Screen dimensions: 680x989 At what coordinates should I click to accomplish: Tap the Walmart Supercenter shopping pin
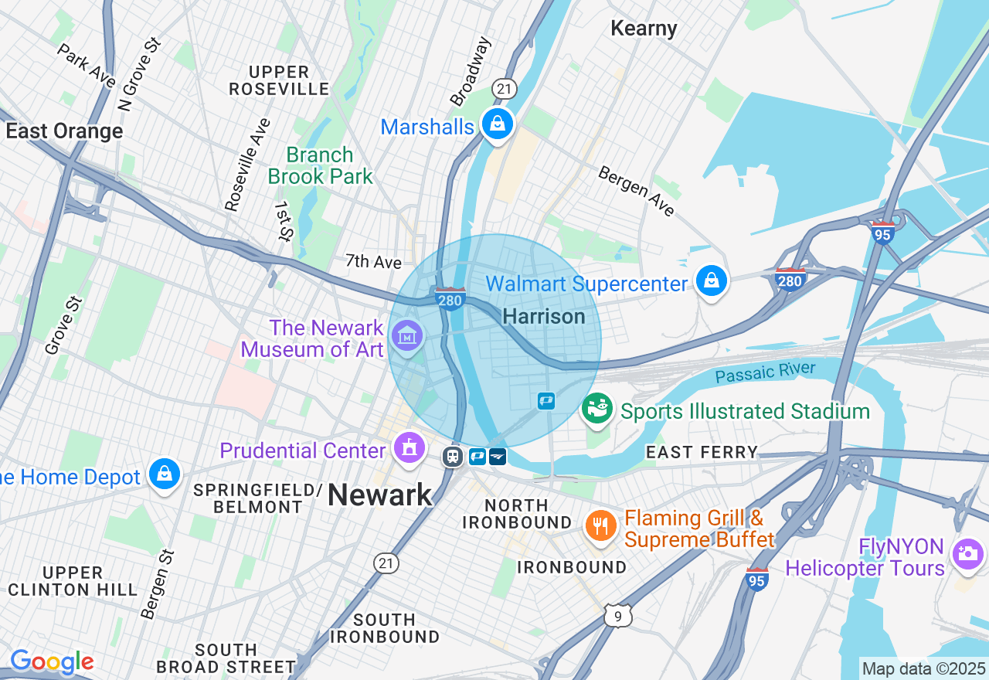point(711,281)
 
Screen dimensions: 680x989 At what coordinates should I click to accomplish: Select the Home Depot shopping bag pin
point(165,474)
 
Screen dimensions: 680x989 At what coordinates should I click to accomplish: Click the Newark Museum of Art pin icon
point(406,336)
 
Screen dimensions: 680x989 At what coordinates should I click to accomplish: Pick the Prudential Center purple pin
point(409,447)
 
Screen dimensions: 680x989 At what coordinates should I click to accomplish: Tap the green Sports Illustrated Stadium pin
point(597,408)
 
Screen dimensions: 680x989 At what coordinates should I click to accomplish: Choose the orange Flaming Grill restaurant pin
point(600,527)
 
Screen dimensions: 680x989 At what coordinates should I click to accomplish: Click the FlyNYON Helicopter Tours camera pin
point(967,554)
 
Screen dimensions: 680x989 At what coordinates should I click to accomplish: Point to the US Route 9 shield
point(618,615)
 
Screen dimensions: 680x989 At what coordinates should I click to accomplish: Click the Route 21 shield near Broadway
point(505,89)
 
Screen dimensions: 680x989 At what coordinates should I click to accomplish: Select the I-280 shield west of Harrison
point(450,299)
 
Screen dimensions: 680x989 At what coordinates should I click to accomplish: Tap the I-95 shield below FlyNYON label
point(757,579)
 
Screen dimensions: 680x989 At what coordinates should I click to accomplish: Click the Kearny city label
point(644,29)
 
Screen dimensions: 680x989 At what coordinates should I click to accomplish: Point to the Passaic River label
point(765,372)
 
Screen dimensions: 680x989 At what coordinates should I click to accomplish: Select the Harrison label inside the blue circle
point(543,316)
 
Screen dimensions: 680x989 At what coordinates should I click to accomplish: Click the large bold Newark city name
point(379,495)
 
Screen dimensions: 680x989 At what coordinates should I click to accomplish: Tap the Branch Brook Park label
point(320,165)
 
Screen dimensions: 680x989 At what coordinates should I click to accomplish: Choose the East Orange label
point(64,131)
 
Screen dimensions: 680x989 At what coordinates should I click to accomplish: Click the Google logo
point(52,661)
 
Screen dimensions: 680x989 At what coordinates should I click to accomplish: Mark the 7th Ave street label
point(373,261)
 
